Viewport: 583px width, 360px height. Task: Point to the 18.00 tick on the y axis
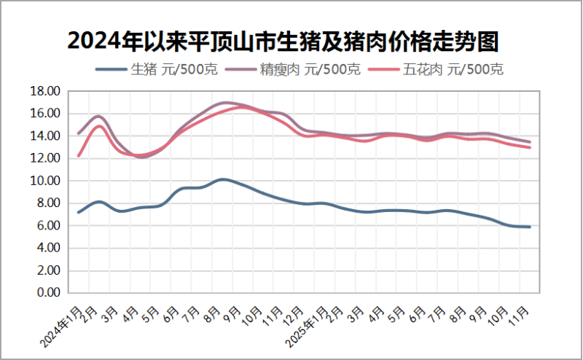(x=46, y=91)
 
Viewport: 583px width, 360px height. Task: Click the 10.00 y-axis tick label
(x=46, y=181)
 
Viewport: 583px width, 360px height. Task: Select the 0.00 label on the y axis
(x=49, y=293)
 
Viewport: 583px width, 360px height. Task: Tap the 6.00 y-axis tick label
(x=49, y=226)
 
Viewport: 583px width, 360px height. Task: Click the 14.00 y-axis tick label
(x=46, y=136)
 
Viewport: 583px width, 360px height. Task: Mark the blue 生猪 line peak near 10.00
(x=223, y=179)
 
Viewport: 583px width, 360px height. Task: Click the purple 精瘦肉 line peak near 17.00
(x=226, y=103)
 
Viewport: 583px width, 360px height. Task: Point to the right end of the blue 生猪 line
(x=530, y=227)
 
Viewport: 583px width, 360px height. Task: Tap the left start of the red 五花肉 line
(x=78, y=156)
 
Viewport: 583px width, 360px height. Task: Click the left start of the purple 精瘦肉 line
(x=78, y=133)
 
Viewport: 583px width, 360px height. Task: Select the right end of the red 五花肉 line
(x=530, y=147)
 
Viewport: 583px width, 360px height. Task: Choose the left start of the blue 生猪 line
(x=78, y=212)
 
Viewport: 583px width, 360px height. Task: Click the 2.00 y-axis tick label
(x=49, y=270)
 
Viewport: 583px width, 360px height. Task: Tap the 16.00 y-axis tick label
(x=46, y=114)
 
